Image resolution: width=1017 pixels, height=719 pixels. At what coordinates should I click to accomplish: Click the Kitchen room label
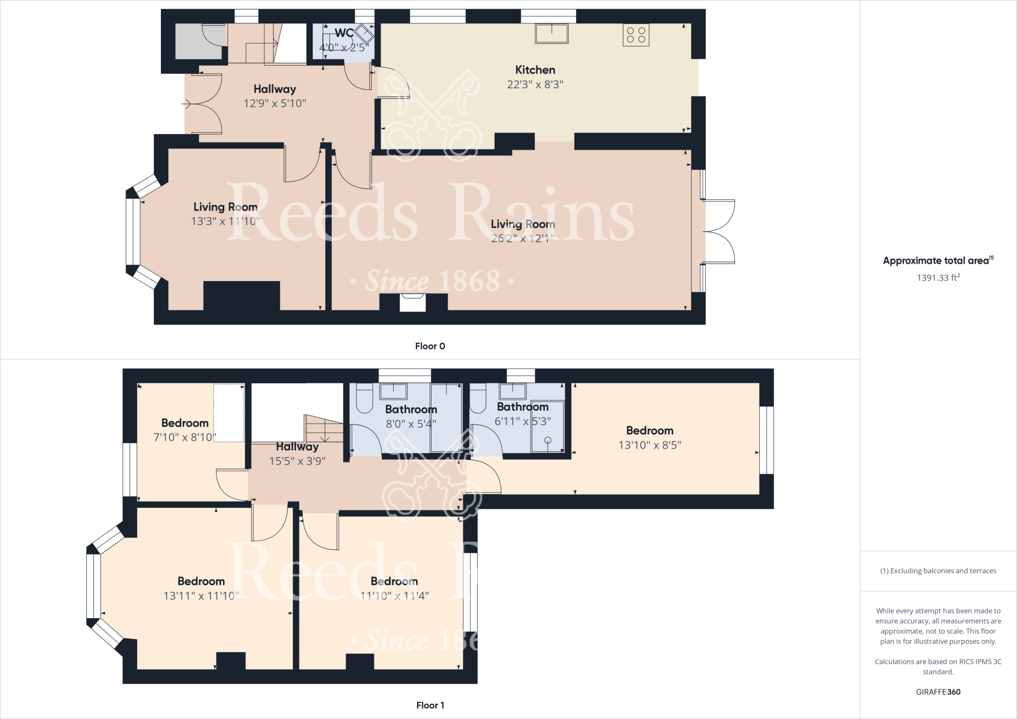(535, 70)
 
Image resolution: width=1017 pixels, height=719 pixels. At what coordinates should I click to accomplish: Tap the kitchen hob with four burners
(636, 35)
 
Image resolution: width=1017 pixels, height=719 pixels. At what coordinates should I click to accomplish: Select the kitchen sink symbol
(551, 33)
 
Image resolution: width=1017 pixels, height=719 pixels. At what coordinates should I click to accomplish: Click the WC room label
(344, 33)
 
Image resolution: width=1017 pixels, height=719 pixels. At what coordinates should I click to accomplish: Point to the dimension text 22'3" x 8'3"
(535, 84)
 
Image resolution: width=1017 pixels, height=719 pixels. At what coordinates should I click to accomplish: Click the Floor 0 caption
(430, 346)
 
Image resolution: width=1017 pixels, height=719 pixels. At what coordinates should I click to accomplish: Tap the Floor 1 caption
(430, 705)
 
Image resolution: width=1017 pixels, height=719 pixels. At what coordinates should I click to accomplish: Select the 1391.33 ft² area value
(938, 278)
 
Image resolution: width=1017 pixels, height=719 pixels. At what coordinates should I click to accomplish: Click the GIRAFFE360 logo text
(938, 692)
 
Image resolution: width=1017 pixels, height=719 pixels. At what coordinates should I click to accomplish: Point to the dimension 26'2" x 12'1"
(522, 238)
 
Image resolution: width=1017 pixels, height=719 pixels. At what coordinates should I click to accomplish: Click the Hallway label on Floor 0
(275, 89)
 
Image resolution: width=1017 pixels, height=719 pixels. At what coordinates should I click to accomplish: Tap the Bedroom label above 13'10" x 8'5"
(650, 431)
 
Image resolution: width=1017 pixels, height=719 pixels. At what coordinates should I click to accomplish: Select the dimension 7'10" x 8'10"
(185, 437)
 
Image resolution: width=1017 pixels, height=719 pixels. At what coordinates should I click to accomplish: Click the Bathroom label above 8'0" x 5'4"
(411, 410)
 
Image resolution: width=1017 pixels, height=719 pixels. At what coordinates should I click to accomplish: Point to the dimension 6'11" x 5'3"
(523, 421)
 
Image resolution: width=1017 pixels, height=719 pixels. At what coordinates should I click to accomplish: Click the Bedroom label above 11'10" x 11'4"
(394, 581)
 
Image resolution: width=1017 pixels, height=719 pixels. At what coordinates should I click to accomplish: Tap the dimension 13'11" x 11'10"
(201, 596)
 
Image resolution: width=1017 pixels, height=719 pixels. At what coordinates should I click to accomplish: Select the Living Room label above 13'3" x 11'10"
(225, 207)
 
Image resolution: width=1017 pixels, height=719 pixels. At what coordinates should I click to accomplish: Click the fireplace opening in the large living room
(413, 302)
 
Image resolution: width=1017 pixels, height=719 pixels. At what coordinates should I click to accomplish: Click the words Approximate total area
(936, 261)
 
